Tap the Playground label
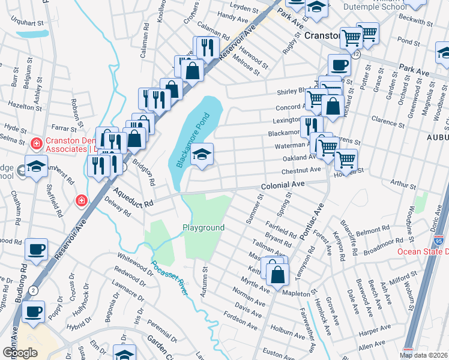[x=203, y=227]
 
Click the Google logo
[x=20, y=352]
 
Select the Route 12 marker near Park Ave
[x=357, y=54]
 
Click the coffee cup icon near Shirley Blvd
[x=339, y=65]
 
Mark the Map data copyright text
[x=424, y=355]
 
